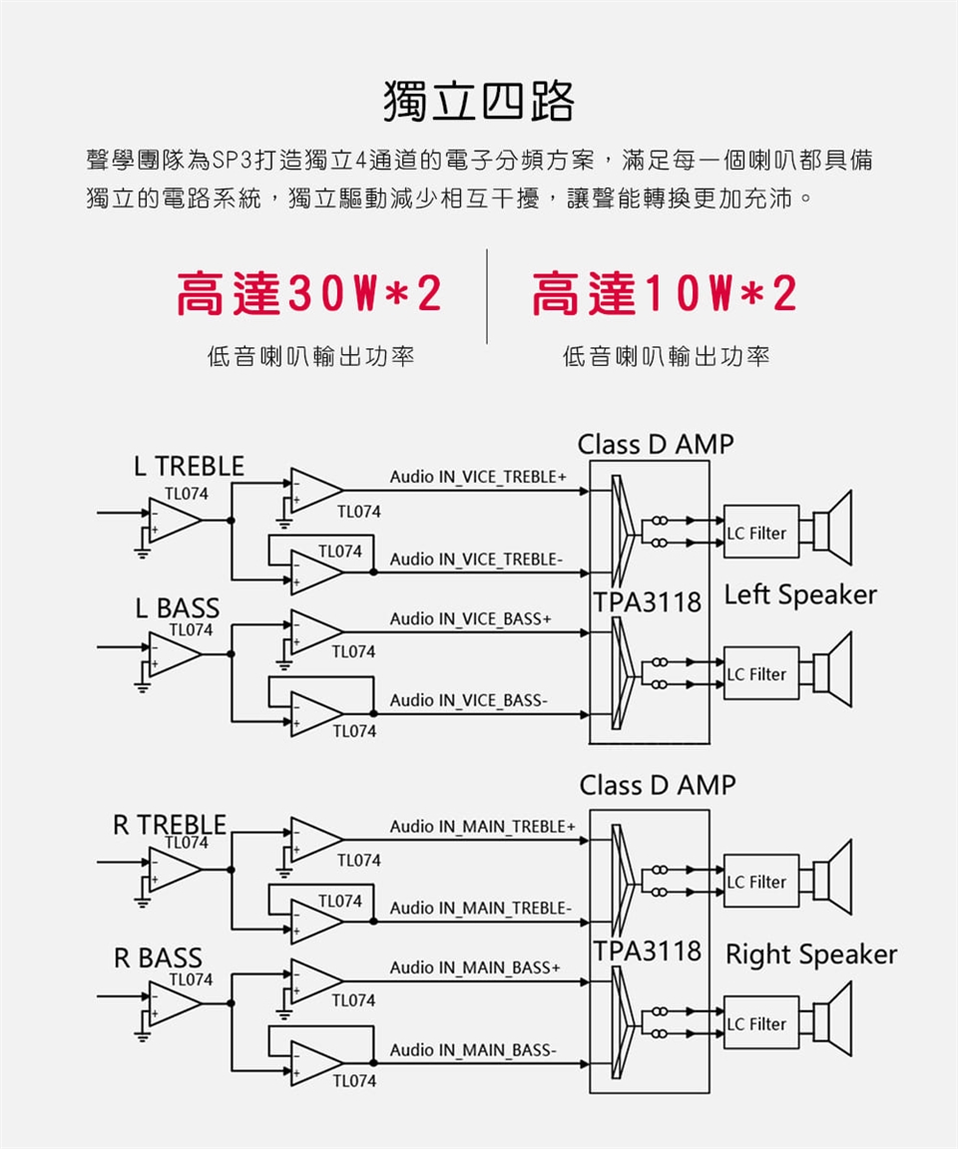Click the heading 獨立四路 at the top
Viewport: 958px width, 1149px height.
coord(479,103)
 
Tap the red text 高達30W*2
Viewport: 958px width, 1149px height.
coord(308,295)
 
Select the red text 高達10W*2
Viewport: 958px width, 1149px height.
coord(665,295)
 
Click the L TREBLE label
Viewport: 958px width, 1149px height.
coord(189,466)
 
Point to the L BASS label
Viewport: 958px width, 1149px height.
coord(178,607)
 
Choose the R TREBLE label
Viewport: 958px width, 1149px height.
coord(170,825)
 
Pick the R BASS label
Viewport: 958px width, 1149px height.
coord(158,958)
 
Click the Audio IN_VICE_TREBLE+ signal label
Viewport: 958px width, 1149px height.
coord(478,478)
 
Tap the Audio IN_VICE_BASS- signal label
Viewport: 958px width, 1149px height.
coord(468,701)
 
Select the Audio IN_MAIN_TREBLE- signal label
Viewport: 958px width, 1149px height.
coord(481,909)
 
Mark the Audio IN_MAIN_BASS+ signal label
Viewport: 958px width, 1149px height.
coord(475,968)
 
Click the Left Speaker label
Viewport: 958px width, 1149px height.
coord(800,595)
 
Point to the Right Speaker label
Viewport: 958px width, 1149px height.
coord(811,955)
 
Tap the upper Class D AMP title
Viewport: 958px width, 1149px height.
coord(655,445)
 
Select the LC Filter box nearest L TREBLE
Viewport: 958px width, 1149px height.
coord(761,533)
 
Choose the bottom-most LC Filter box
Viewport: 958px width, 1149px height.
coord(761,1023)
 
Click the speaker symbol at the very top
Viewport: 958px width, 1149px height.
coord(834,520)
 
